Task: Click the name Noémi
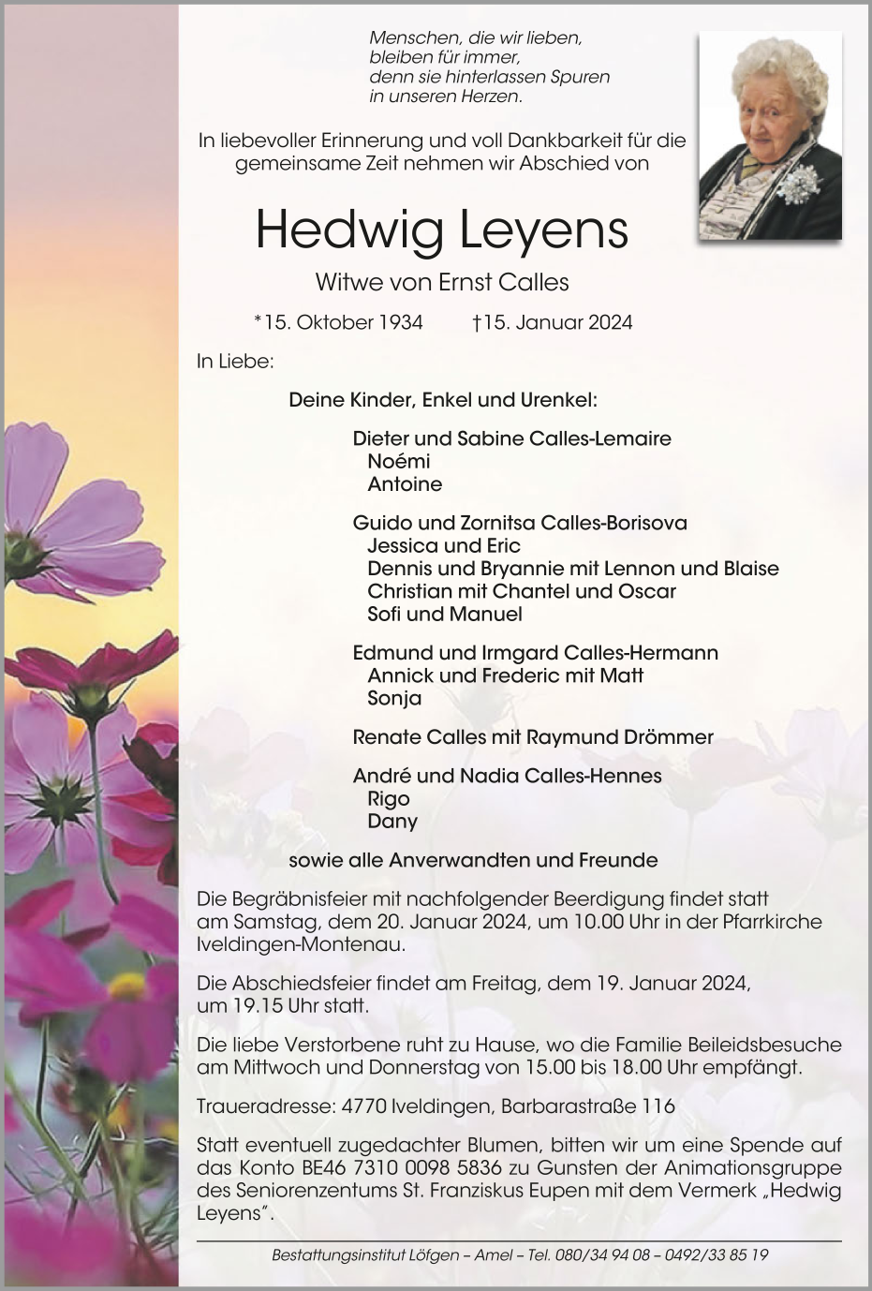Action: pos(399,461)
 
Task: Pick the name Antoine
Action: pos(405,484)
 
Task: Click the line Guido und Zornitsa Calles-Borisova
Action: pos(520,523)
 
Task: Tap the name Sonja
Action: pos(394,698)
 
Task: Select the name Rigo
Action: pos(389,798)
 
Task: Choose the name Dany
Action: pos(392,822)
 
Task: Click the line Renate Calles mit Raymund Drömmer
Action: pos(532,737)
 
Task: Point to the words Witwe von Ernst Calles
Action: pos(442,282)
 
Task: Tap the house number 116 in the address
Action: pos(658,1106)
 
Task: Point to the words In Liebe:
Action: pos(235,361)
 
